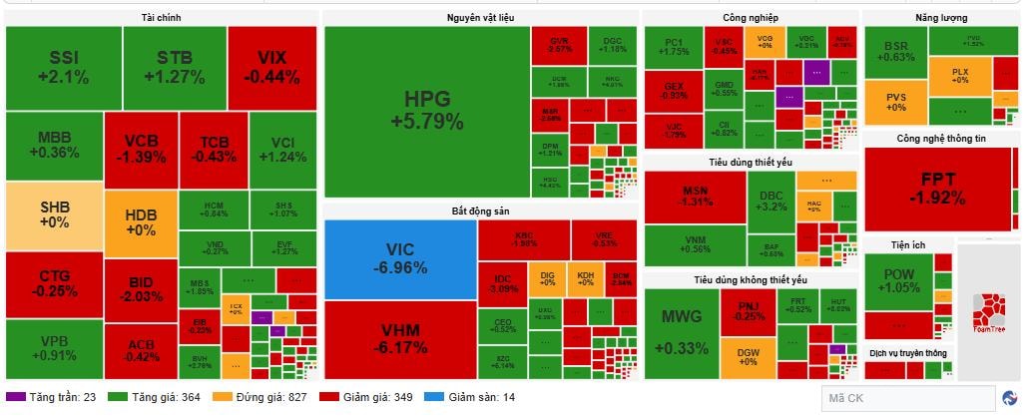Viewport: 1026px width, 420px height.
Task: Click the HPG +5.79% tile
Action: (426, 111)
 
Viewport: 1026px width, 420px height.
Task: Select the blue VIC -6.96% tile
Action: (399, 258)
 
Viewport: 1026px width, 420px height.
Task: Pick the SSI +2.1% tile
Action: (64, 67)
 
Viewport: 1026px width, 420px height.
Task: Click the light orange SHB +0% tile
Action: (54, 215)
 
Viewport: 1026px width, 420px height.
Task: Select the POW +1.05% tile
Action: (897, 280)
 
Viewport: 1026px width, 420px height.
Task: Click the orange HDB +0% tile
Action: (140, 222)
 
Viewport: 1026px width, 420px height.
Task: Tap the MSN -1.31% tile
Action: (695, 196)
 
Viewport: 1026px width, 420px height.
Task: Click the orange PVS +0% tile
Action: (894, 101)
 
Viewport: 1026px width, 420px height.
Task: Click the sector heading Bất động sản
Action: (480, 211)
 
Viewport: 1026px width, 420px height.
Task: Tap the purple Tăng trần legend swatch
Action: (16, 397)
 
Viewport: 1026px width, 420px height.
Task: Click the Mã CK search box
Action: (907, 399)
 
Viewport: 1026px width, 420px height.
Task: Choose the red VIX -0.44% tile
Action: (271, 67)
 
